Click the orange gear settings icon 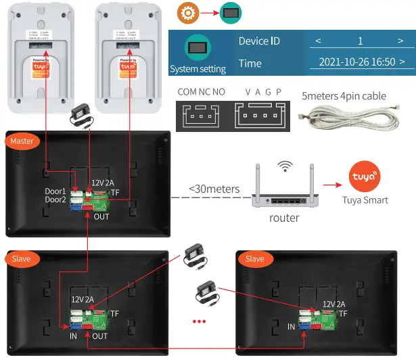(187, 14)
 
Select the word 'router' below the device (284, 217)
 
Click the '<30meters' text (214, 189)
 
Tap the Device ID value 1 (361, 41)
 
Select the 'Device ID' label (259, 41)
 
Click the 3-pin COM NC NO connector (200, 116)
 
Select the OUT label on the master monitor (101, 217)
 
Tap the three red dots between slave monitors (199, 321)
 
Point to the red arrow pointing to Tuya (331, 183)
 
